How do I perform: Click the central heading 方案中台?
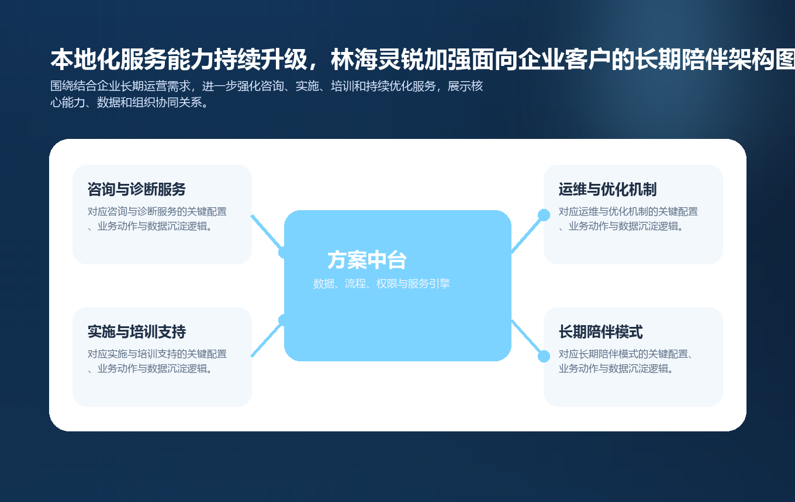pyautogui.click(x=367, y=260)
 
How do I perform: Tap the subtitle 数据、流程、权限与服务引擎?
pyautogui.click(x=381, y=284)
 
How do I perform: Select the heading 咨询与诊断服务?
pyautogui.click(x=136, y=190)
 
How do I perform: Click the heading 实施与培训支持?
pyautogui.click(x=136, y=332)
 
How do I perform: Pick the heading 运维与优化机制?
pyautogui.click(x=607, y=190)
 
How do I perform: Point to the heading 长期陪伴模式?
pyautogui.click(x=600, y=332)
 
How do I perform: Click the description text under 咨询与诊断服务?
pyautogui.click(x=157, y=219)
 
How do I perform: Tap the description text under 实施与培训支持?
pyautogui.click(x=157, y=361)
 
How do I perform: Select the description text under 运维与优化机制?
pyautogui.click(x=628, y=219)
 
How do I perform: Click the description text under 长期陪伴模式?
pyautogui.click(x=625, y=361)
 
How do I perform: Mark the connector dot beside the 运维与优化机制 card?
pyautogui.click(x=544, y=215)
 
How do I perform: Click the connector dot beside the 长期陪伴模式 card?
pyautogui.click(x=544, y=356)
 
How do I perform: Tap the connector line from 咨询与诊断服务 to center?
pyautogui.click(x=266, y=232)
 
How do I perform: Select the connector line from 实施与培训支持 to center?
pyautogui.click(x=266, y=339)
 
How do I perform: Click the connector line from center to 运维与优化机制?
pyautogui.click(x=527, y=234)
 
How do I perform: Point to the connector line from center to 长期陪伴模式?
pyautogui.click(x=527, y=338)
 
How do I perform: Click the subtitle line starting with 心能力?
pyautogui.click(x=129, y=103)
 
